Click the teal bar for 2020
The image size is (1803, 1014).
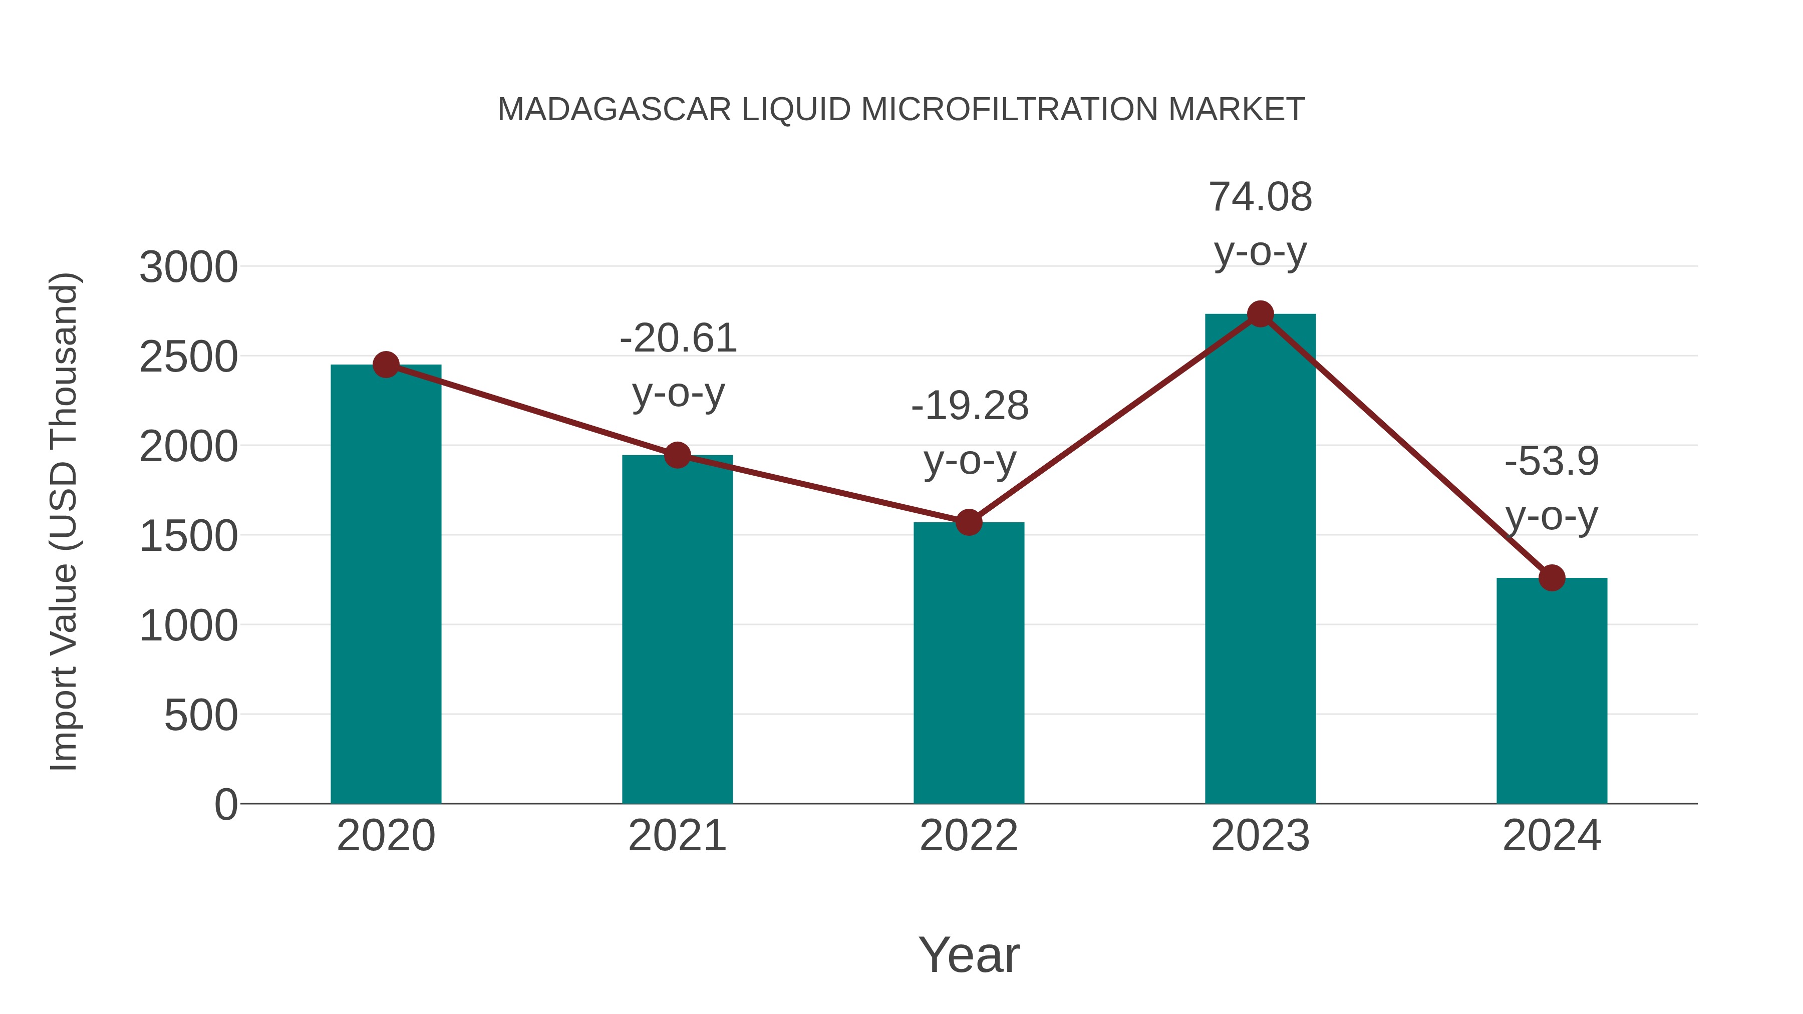pos(386,584)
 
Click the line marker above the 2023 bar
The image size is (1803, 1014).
pos(1260,314)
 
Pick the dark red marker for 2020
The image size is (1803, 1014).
pos(386,365)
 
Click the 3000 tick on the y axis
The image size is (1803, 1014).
pos(188,267)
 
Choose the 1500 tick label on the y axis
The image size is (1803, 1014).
pos(188,537)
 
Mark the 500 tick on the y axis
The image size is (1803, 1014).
pos(200,716)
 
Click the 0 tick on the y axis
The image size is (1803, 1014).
pos(225,805)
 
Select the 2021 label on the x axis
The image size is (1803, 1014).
pos(677,836)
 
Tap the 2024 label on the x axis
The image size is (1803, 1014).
pos(1552,836)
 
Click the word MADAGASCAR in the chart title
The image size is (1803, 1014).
pos(614,110)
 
